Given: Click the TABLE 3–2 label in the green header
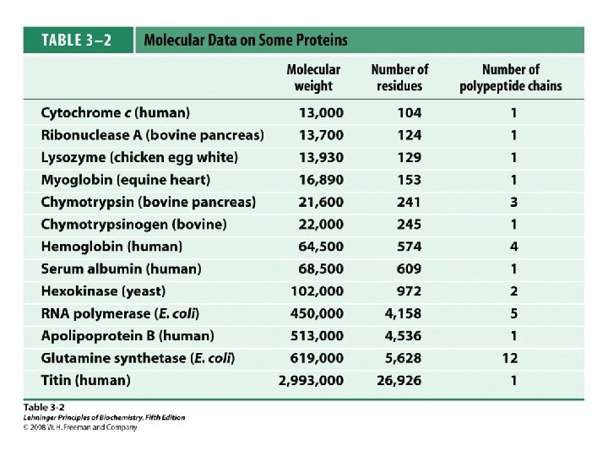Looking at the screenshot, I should pyautogui.click(x=77, y=40).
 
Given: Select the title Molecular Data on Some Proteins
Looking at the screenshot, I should pyautogui.click(x=246, y=40).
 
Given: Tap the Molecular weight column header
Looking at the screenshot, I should pyautogui.click(x=313, y=78).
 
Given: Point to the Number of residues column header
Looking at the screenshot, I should pyautogui.click(x=399, y=78).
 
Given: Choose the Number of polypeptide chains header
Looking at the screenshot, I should pyautogui.click(x=510, y=78).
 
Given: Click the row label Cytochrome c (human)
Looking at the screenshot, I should pyautogui.click(x=115, y=112).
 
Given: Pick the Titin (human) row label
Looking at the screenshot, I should pyautogui.click(x=85, y=380).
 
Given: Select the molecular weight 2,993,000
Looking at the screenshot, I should pyautogui.click(x=311, y=380).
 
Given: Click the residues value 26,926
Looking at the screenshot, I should pyautogui.click(x=404, y=380).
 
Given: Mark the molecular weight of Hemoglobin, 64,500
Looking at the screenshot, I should pyautogui.click(x=321, y=247).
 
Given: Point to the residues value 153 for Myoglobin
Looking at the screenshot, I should pyautogui.click(x=409, y=179).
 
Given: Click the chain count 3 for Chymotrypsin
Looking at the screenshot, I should pyautogui.click(x=513, y=202).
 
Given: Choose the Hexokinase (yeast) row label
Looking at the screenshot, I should pyautogui.click(x=98, y=290).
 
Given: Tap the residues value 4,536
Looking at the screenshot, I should pyautogui.click(x=404, y=335).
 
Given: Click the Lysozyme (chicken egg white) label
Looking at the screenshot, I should pyautogui.click(x=139, y=157).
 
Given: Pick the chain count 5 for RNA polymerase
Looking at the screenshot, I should pyautogui.click(x=513, y=313).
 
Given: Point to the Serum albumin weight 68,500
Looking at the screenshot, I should pyautogui.click(x=321, y=269).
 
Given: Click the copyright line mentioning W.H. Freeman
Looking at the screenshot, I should pyautogui.click(x=80, y=427).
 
